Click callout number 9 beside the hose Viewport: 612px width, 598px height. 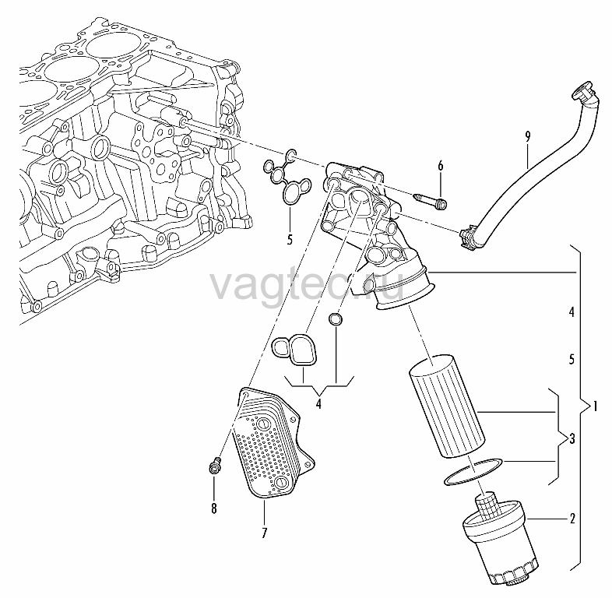528,136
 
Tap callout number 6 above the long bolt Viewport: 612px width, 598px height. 441,166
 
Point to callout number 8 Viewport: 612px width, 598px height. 214,508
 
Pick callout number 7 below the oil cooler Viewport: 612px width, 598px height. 264,533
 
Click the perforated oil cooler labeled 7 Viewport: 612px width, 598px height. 273,443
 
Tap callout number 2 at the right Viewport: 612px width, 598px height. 572,519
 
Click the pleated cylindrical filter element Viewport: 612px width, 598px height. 447,406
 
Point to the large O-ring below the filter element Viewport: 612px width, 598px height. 473,472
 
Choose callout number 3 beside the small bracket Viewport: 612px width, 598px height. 572,438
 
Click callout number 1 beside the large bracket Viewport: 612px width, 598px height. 595,407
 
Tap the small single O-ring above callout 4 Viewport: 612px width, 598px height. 336,319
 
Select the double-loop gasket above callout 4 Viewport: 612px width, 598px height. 294,350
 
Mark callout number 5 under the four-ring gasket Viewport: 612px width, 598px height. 290,239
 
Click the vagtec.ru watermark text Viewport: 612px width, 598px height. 307,285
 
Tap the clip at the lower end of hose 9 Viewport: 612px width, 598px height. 468,237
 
